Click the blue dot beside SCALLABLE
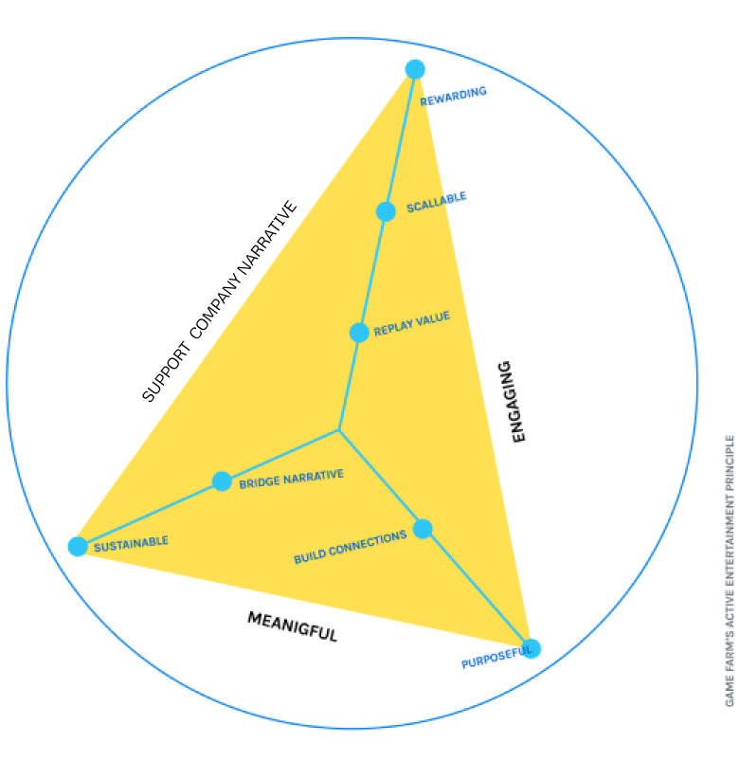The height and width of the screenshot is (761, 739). pos(386,211)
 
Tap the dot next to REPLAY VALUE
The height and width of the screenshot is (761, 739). pos(359,333)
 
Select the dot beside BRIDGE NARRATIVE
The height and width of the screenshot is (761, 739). pos(222,481)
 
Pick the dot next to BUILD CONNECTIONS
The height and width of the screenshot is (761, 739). pos(423,529)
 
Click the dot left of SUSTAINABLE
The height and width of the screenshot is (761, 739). pos(77,547)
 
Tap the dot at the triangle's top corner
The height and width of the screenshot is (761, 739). pos(415,67)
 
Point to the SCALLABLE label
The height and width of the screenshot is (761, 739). pos(437,203)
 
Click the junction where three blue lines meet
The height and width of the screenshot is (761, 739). pos(339,430)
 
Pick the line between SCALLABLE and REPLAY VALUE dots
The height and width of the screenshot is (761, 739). pos(372,272)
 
